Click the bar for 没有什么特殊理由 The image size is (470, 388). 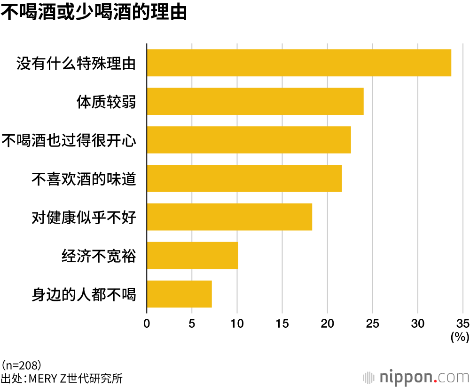tap(299, 63)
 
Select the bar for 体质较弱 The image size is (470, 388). tap(255, 101)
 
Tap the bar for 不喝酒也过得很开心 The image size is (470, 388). tap(249, 140)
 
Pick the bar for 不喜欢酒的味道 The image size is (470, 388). tap(244, 178)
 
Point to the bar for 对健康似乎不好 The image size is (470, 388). tap(229, 217)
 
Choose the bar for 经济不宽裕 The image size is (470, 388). tap(192, 256)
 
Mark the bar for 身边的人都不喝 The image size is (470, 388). tap(179, 294)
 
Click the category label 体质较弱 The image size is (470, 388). tap(107, 102)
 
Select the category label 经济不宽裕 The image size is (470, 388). tap(99, 256)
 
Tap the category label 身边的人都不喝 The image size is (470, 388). tap(84, 295)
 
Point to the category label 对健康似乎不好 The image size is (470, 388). tap(84, 218)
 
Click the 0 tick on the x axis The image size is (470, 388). tap(147, 323)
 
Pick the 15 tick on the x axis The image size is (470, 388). tap(282, 323)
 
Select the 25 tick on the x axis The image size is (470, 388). tap(372, 323)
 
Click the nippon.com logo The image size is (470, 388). tap(416, 377)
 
